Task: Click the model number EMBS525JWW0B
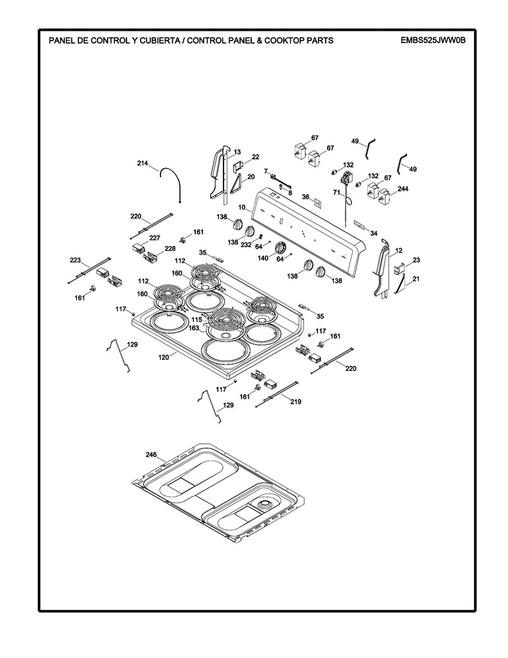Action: tap(433, 40)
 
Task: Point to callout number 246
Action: tap(151, 454)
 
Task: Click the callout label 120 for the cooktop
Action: tap(163, 356)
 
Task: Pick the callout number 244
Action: tap(403, 189)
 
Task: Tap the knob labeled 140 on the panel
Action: tap(280, 248)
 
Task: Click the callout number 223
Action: tap(76, 260)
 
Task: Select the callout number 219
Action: tap(295, 402)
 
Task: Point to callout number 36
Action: tap(306, 197)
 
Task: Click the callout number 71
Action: tap(336, 192)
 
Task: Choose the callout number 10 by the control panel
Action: tap(242, 208)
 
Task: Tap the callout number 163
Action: tap(193, 328)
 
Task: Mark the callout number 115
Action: tap(197, 319)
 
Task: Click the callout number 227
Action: tap(155, 238)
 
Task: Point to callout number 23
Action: tap(416, 260)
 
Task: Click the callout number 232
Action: tap(246, 244)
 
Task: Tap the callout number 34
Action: tap(373, 233)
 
